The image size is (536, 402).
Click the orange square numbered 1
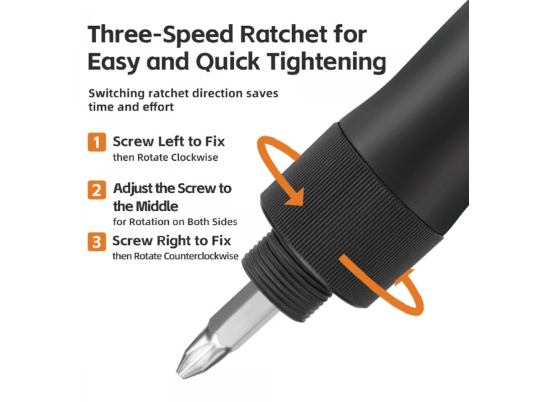pyautogui.click(x=96, y=142)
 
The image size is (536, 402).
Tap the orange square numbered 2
pyautogui.click(x=96, y=190)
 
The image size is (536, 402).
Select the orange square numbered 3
pyautogui.click(x=96, y=242)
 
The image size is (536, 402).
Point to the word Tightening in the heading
pyautogui.click(x=326, y=62)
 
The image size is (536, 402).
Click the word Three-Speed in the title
pyautogui.click(x=160, y=36)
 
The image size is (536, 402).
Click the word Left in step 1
pyautogui.click(x=169, y=141)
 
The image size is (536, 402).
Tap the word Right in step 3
pyautogui.click(x=173, y=241)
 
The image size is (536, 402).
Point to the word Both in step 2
pyautogui.click(x=198, y=222)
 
